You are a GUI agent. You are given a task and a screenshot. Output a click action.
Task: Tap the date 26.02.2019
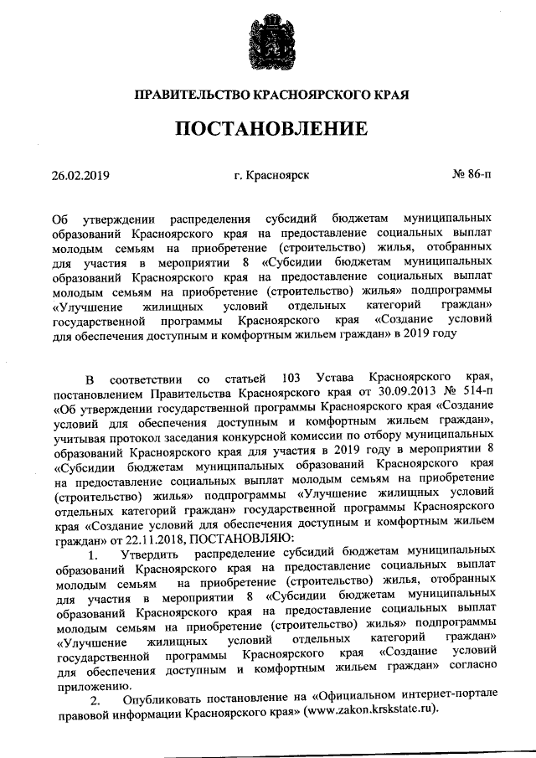click(80, 175)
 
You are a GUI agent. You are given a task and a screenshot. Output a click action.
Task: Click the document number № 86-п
click(472, 175)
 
